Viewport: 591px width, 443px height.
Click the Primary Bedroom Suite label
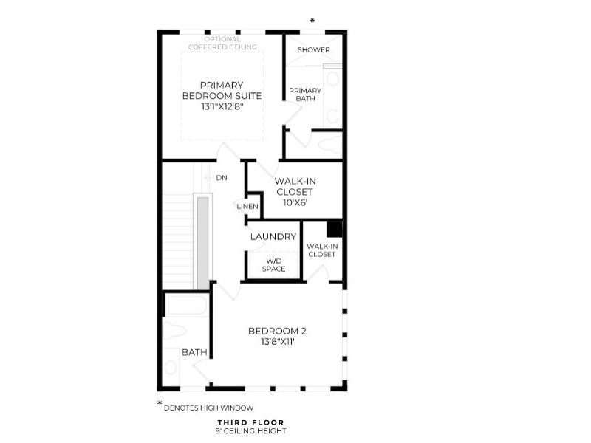[x=222, y=90]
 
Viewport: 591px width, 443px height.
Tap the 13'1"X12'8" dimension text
[x=222, y=106]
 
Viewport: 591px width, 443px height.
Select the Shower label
[x=313, y=49]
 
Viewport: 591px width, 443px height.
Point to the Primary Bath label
[x=305, y=95]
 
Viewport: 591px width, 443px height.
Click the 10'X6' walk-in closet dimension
[x=295, y=202]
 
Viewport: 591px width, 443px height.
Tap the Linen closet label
[x=247, y=207]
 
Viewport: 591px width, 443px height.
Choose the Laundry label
[x=273, y=236]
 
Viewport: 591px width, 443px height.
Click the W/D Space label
[x=273, y=265]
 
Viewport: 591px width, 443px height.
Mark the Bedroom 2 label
[x=277, y=331]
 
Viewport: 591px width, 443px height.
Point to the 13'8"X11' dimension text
[x=278, y=342]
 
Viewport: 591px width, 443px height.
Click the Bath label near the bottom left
[x=194, y=352]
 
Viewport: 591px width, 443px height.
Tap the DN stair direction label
[x=222, y=178]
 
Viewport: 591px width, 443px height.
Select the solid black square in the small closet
[x=334, y=230]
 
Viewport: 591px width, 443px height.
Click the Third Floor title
[x=250, y=422]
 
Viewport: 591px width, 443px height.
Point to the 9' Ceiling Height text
[x=250, y=431]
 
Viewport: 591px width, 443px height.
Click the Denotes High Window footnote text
[x=209, y=408]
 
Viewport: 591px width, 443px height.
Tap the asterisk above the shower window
[x=312, y=21]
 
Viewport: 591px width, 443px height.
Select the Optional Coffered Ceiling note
[x=222, y=43]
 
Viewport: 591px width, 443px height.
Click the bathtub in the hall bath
[x=186, y=305]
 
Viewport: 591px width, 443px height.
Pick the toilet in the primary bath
[x=329, y=143]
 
